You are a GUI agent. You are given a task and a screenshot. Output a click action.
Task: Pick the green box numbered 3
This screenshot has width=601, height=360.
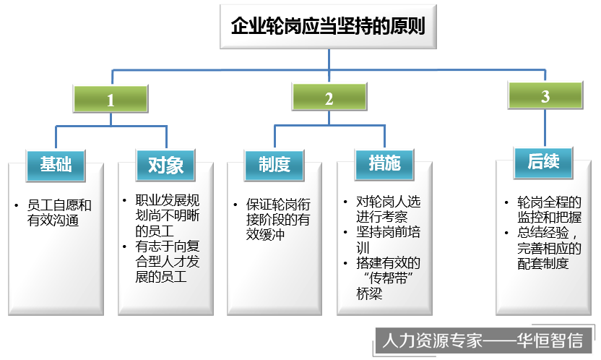[545, 96]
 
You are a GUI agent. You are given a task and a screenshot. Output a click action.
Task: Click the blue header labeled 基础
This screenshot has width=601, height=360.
[56, 164]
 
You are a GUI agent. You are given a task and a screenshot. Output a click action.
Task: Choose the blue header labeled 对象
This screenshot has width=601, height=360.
[165, 165]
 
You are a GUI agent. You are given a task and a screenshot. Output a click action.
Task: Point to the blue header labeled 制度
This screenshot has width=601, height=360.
[274, 164]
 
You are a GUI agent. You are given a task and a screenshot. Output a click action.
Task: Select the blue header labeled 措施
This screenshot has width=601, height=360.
[384, 163]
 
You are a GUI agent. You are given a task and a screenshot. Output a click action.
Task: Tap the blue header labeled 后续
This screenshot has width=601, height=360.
[543, 161]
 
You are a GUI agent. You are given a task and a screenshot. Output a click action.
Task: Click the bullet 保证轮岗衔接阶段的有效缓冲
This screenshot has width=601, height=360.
[277, 219]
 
